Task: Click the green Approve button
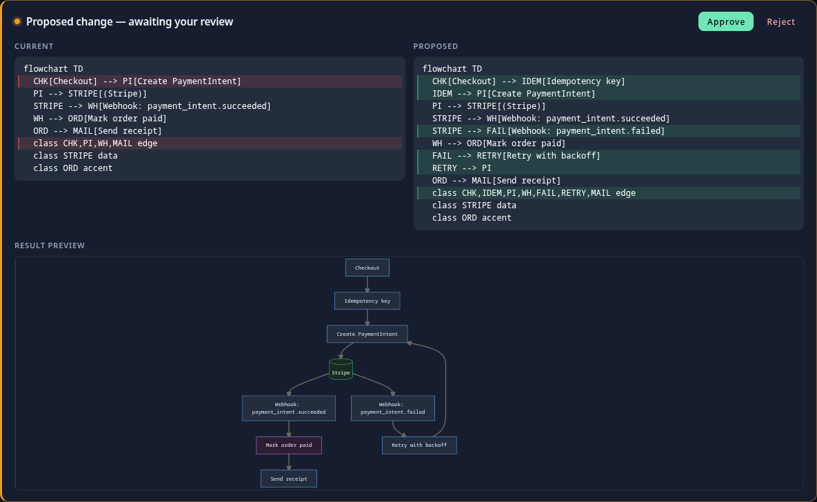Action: click(725, 21)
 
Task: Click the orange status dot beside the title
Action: click(17, 21)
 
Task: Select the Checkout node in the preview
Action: click(367, 268)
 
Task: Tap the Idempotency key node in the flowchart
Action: click(367, 301)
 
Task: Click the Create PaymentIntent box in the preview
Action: click(367, 334)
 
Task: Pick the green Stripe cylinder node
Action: click(341, 370)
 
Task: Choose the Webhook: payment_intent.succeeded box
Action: click(289, 408)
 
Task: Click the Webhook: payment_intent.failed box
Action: click(393, 408)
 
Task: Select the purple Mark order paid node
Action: click(289, 445)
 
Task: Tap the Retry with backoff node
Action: click(419, 445)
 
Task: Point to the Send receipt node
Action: click(289, 479)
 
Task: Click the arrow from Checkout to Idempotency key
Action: click(367, 284)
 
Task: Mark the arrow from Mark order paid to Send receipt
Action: click(289, 463)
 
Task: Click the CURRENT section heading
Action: click(34, 46)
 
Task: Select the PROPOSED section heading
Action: click(436, 46)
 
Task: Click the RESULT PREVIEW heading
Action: click(50, 245)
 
